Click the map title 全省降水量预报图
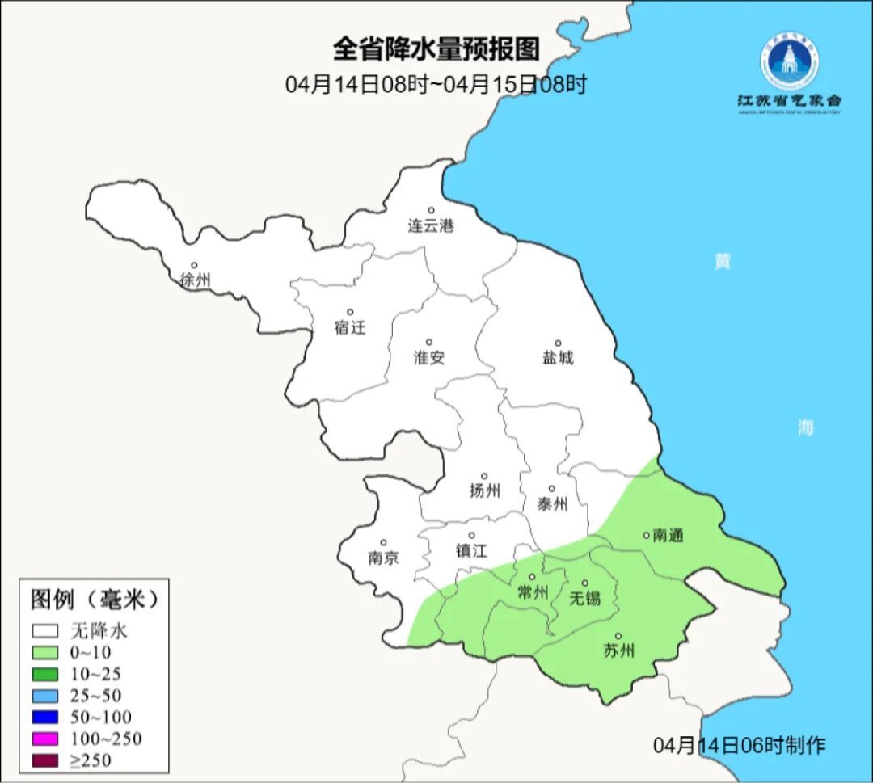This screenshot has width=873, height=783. coord(436,49)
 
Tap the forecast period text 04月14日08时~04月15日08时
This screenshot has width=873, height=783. coord(436,85)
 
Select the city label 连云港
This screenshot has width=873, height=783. coord(431,226)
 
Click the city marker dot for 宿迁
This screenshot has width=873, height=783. coord(350,312)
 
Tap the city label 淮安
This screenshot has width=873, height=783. coord(429,358)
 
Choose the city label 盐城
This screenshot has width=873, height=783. coord(557,358)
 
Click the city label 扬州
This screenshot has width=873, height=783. coord(484,490)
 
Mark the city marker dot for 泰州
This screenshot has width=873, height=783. coord(552,488)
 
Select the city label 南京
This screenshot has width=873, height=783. coord(383,558)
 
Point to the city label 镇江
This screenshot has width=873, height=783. coord(471,551)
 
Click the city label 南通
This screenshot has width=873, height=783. coord(668,535)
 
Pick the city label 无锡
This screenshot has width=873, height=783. coord(585,598)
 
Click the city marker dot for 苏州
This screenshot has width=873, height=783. coord(618,636)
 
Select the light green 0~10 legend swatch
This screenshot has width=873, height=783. coord(45,652)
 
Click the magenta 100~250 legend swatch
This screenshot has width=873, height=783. coord(45,738)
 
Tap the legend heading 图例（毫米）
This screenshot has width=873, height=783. coord(92,599)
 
